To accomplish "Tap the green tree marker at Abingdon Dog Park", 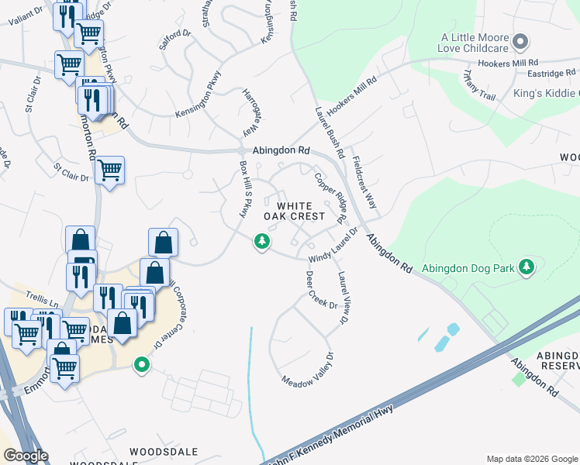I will pos(527,267).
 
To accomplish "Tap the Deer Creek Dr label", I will pos(321,289).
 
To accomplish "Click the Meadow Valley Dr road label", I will pos(308,371).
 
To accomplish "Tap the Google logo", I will pos(26,456).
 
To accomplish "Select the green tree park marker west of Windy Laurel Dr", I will pos(263,242).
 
